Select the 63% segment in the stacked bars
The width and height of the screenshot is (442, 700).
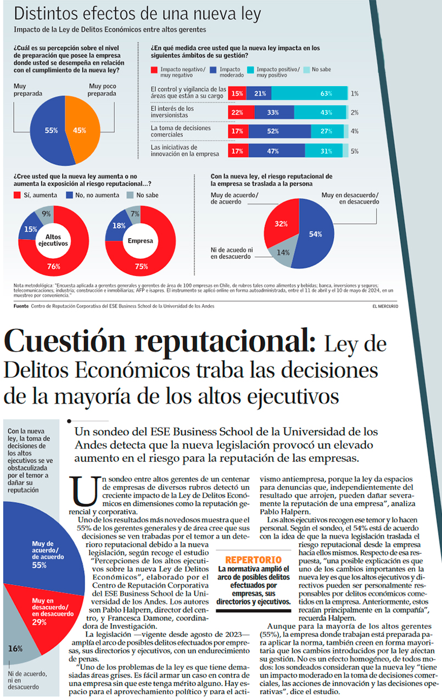click(310, 94)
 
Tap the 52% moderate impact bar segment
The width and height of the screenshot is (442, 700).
click(279, 132)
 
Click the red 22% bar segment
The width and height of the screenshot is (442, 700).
click(237, 112)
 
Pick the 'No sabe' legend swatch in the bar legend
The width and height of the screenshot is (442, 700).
click(307, 70)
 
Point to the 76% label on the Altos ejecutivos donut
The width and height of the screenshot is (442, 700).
click(53, 267)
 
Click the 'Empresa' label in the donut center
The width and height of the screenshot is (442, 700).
click(141, 241)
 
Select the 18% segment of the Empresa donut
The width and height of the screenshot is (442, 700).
click(118, 226)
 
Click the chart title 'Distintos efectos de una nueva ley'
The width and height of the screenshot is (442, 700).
click(137, 14)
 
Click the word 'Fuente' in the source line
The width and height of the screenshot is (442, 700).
click(21, 306)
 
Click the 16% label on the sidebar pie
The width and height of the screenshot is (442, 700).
click(15, 648)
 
